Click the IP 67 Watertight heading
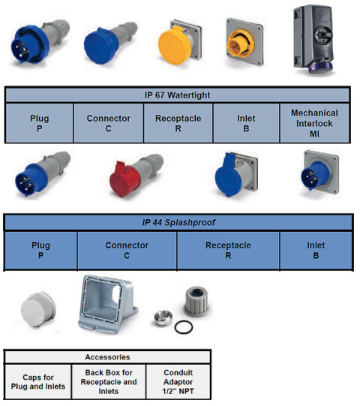click(178, 95)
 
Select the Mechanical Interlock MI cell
click(314, 123)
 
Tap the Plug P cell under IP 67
click(40, 123)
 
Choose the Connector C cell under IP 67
click(108, 123)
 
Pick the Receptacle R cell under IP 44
click(228, 250)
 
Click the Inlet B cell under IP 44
click(315, 250)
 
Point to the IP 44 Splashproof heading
click(178, 223)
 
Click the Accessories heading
click(107, 357)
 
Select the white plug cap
click(37, 308)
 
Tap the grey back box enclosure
click(105, 304)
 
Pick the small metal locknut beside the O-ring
click(161, 317)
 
